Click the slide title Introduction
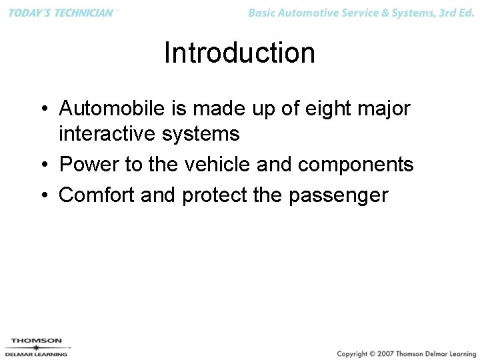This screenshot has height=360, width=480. (x=239, y=53)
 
